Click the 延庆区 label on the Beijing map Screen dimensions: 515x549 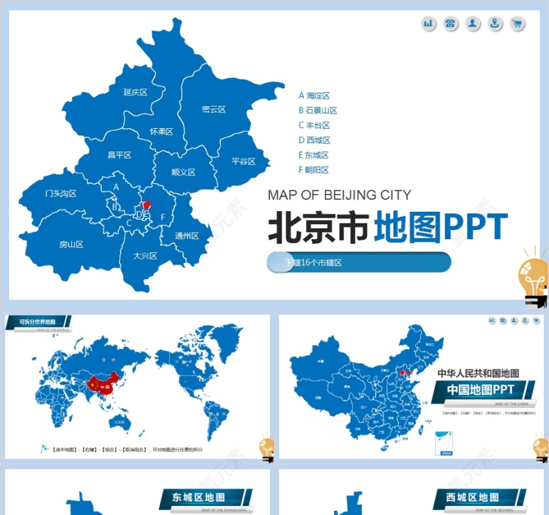coord(135,92)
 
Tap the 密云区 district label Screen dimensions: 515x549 coord(214,109)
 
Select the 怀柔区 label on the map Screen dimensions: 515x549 coord(161,131)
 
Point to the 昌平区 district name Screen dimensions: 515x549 coord(120,155)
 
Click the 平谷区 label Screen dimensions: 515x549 coord(243,161)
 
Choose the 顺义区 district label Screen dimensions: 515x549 coord(184,173)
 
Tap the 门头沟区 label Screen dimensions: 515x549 coord(61,193)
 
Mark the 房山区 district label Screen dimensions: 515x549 coord(71,244)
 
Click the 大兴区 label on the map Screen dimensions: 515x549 coord(144,256)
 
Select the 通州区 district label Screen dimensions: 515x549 coord(186,236)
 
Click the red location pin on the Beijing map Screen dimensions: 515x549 coord(147,205)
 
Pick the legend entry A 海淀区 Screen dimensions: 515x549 coord(314,95)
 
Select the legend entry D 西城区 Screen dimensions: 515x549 coord(314,140)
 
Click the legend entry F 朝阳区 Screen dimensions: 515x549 coord(314,170)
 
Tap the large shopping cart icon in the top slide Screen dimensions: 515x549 coord(518,24)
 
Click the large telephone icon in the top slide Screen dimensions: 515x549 coord(450,24)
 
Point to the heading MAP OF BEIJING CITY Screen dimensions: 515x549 coord(339,195)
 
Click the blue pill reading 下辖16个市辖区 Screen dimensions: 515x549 coord(359,262)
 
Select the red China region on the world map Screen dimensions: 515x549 coord(103,386)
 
